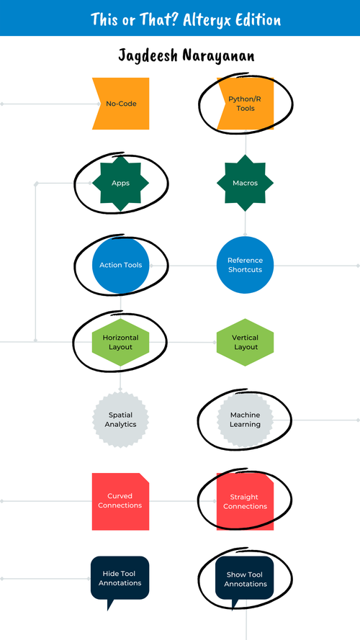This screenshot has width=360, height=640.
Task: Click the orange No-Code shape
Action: coord(120,104)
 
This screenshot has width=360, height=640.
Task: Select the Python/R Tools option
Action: coord(246,104)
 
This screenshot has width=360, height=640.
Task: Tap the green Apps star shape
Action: coord(120,183)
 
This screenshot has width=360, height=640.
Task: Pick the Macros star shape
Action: coord(246,183)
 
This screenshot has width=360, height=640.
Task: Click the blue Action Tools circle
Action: coord(120,265)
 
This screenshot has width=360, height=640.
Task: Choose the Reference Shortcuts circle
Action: coord(246,265)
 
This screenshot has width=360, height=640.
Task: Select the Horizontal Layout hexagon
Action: coord(120,342)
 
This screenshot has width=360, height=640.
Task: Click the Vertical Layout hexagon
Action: coord(246,342)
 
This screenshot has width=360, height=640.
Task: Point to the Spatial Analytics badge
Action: coord(120,420)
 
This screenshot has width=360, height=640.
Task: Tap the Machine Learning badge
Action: coord(246,420)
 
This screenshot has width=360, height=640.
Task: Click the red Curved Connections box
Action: coord(120,501)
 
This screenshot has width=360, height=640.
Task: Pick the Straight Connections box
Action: coord(246,502)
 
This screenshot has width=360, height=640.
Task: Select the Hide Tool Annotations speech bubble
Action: coord(120,578)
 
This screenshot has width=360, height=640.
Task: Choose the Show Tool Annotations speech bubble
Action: coord(246,579)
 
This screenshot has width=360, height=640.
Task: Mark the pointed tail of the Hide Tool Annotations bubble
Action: coord(109,607)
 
